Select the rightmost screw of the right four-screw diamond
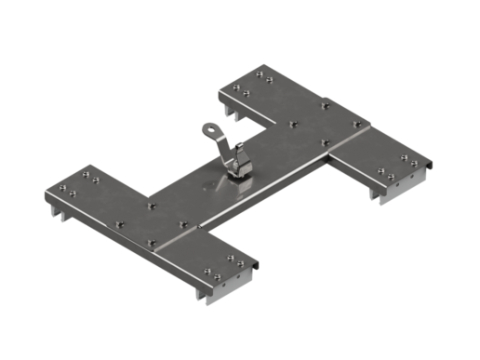click(356, 124)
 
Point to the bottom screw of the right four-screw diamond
click(325, 142)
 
